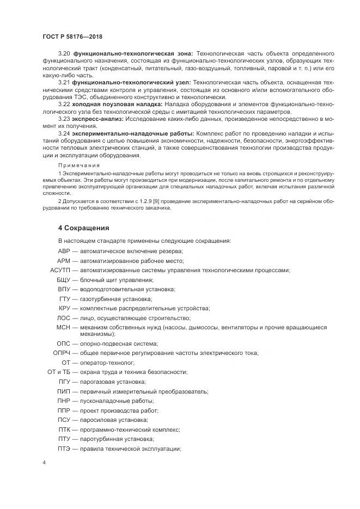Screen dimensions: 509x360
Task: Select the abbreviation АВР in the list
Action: [x=64, y=251]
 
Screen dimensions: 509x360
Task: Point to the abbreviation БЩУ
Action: [x=64, y=280]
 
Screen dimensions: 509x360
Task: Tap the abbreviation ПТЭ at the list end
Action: [x=64, y=449]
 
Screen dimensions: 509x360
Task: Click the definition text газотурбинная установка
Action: [x=116, y=299]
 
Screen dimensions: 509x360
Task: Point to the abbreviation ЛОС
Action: [x=64, y=317]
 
